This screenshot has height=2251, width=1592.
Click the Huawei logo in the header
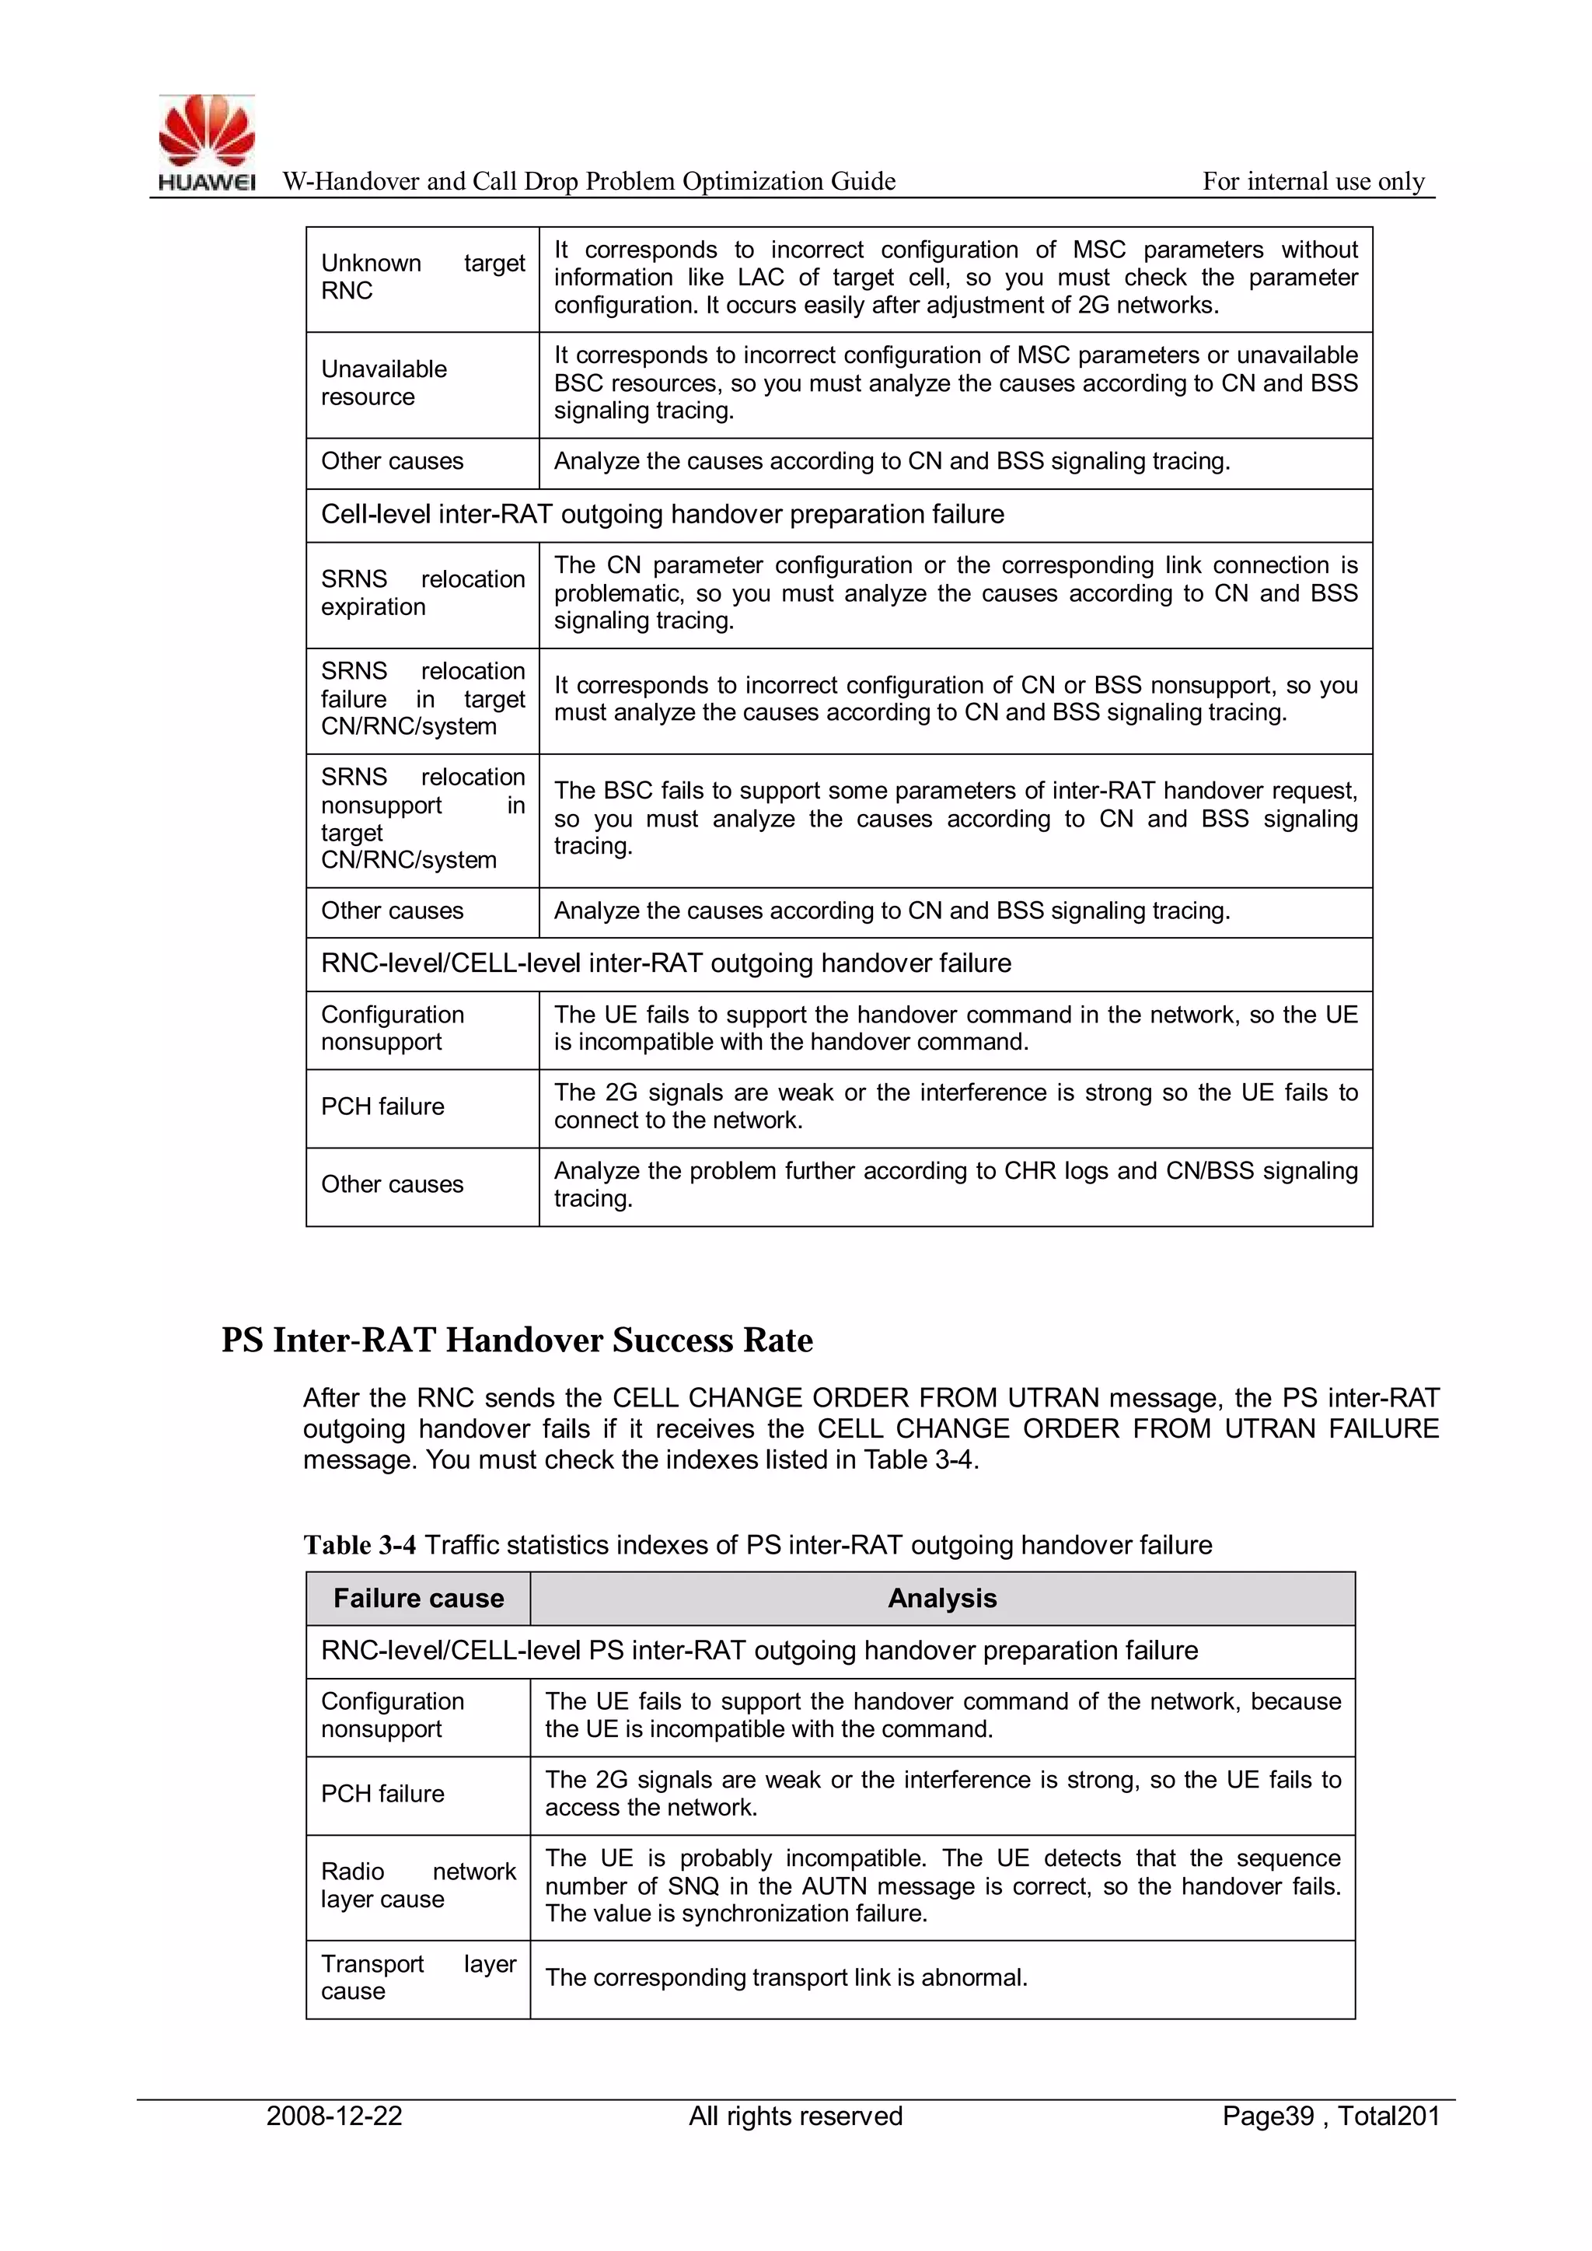tap(207, 143)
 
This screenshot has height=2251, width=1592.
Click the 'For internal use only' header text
tap(1313, 181)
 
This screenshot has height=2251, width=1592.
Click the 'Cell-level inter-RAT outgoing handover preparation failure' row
tap(662, 515)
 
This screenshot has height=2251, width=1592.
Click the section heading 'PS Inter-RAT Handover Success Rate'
tap(517, 1340)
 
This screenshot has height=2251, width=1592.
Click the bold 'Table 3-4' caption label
tap(359, 1546)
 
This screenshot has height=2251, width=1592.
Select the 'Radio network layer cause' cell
tap(417, 1886)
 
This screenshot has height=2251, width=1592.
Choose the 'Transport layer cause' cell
tap(417, 1977)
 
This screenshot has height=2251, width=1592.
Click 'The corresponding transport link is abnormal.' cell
tap(786, 1977)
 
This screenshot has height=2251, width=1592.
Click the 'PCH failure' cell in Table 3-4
tap(382, 1794)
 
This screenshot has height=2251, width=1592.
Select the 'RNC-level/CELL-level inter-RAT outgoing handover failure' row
tap(665, 963)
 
